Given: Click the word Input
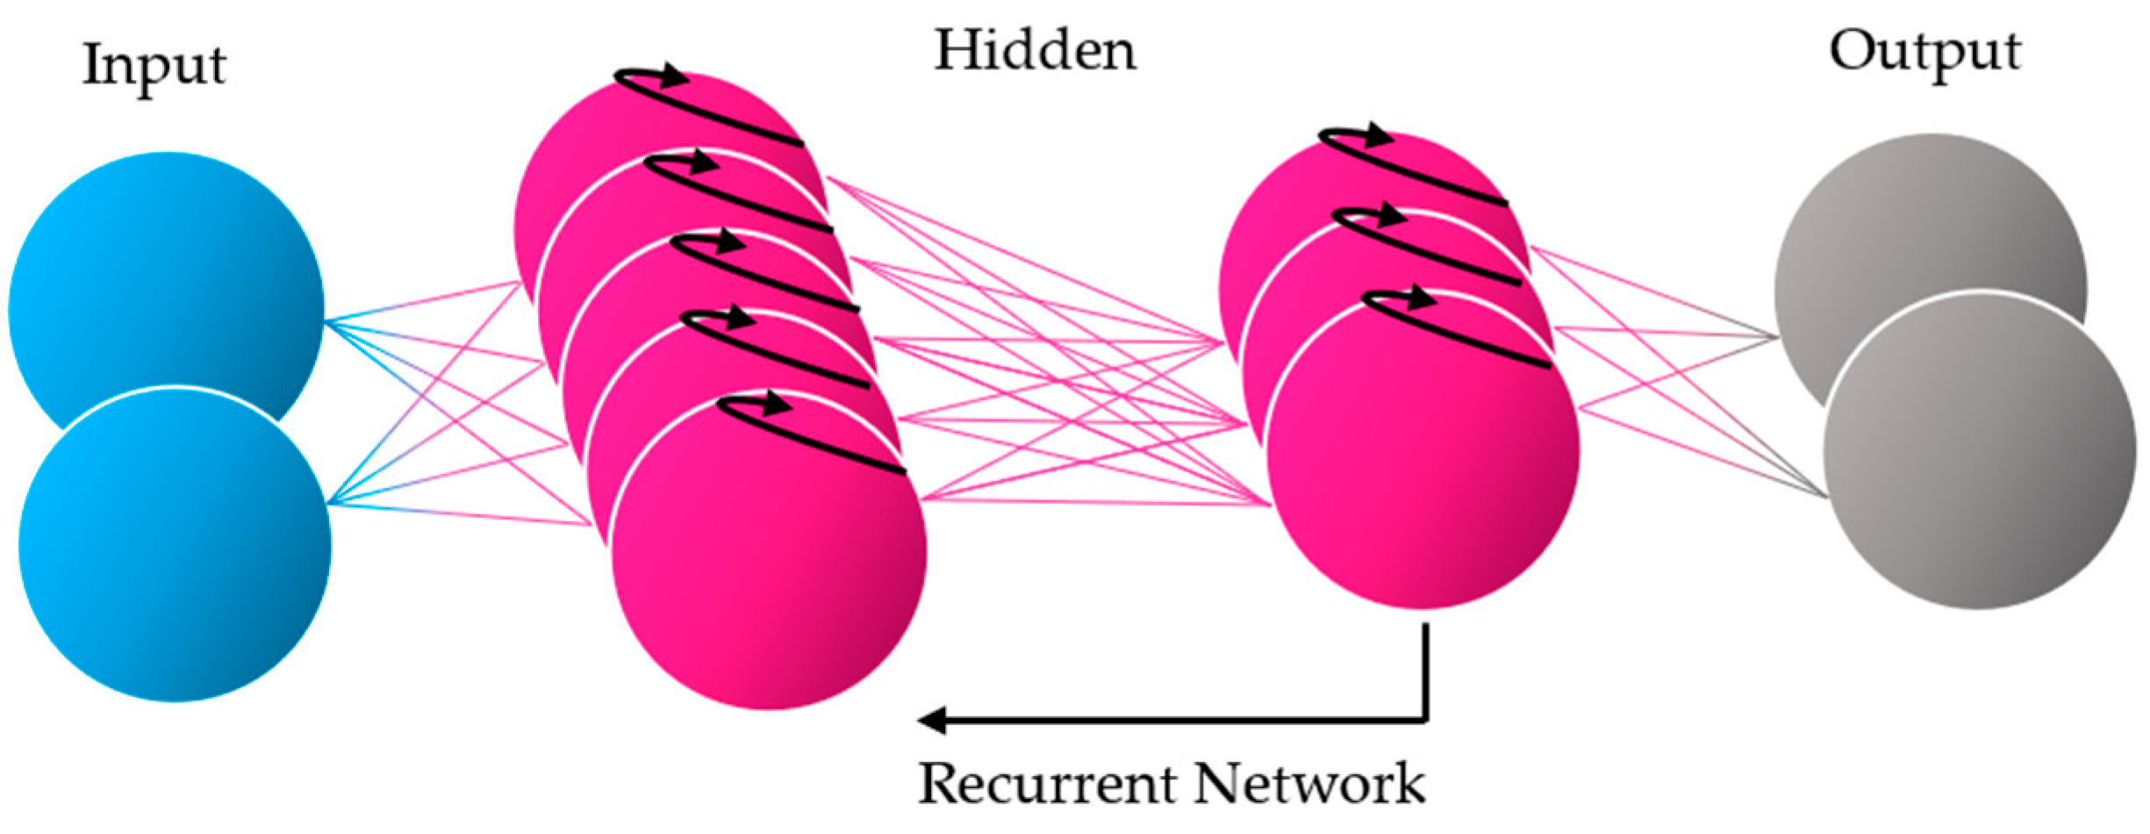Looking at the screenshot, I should [154, 66].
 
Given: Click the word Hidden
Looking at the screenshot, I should [1035, 51].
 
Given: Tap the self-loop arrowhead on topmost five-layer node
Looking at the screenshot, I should [674, 75].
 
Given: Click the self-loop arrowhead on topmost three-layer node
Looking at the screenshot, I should [1378, 136].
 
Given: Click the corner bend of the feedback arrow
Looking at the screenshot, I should [1425, 720].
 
